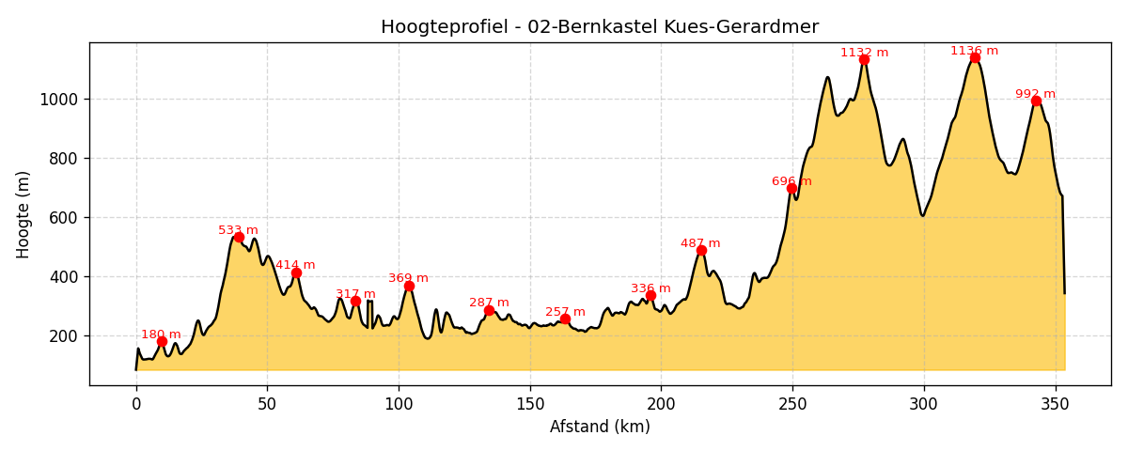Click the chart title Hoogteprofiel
point(599,27)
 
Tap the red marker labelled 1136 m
point(975,57)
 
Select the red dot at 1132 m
point(864,59)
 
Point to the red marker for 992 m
point(1036,101)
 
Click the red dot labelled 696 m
point(791,188)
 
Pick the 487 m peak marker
point(701,250)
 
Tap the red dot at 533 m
point(239,237)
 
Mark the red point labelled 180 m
point(162,341)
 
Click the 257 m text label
point(565,312)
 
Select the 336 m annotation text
point(650,288)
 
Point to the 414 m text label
point(295,265)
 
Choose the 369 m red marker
point(409,286)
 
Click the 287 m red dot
point(489,310)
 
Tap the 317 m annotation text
point(355,294)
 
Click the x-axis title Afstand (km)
point(600,427)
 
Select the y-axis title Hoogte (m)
point(23,214)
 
